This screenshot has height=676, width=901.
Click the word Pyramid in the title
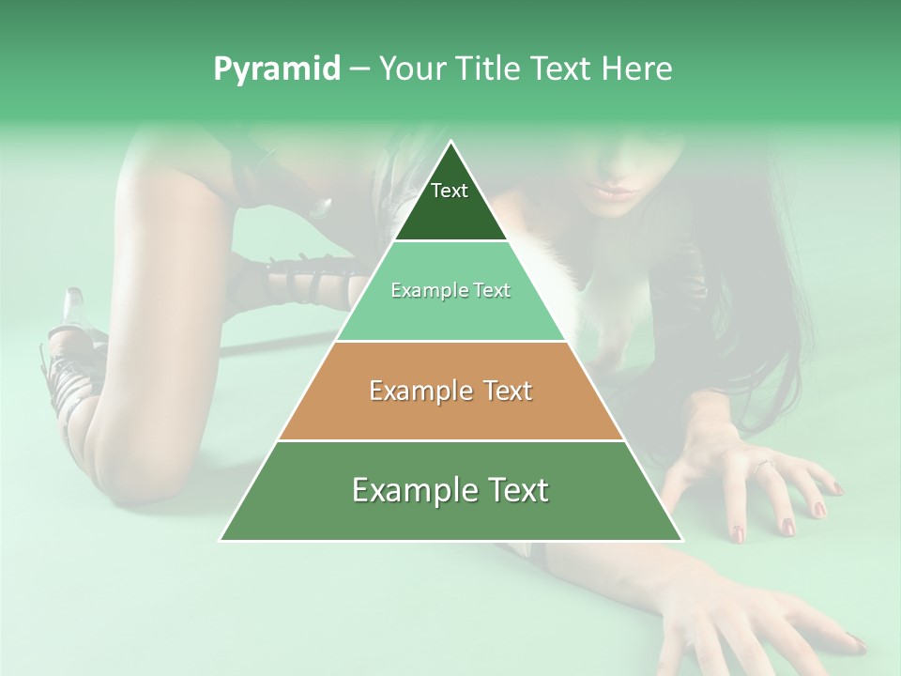[276, 69]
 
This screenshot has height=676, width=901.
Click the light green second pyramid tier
[450, 315]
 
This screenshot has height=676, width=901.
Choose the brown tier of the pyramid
[450, 413]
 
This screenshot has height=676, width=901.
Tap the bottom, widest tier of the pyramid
[450, 516]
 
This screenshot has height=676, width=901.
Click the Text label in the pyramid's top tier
[450, 191]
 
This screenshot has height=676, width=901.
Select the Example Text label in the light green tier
[450, 290]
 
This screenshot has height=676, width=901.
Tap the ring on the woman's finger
[763, 464]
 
